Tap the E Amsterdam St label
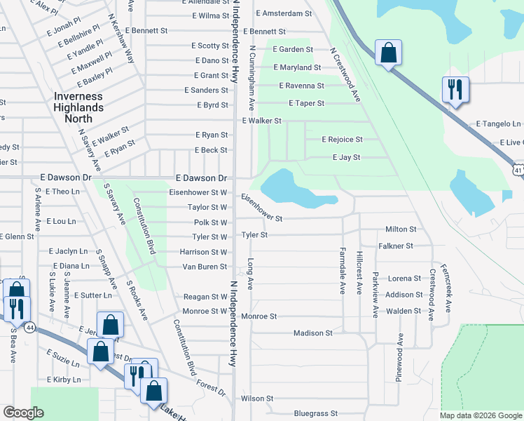(x=284, y=13)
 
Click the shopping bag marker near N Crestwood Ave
(x=388, y=53)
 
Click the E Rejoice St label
(x=342, y=140)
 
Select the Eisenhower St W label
(x=198, y=192)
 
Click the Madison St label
(x=312, y=333)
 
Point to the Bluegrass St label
(x=316, y=414)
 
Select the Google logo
(x=23, y=413)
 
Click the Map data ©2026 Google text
(x=480, y=415)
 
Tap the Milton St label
(x=401, y=229)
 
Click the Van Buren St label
(x=205, y=267)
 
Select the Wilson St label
(x=256, y=398)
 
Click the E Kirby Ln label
(x=64, y=380)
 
